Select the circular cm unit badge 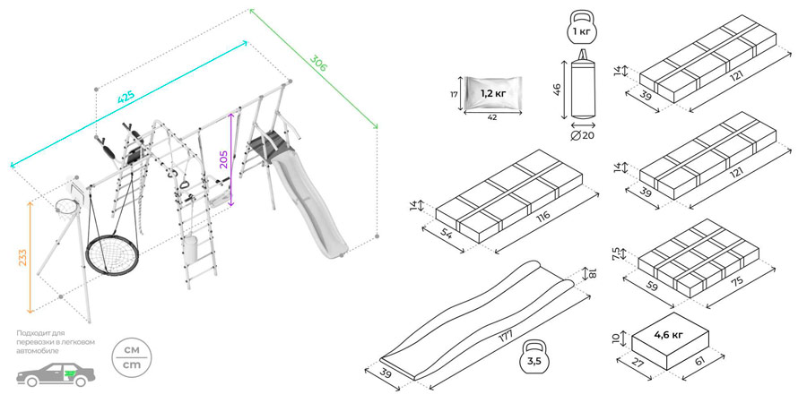131,357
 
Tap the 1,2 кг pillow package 492,94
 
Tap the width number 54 446,236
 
